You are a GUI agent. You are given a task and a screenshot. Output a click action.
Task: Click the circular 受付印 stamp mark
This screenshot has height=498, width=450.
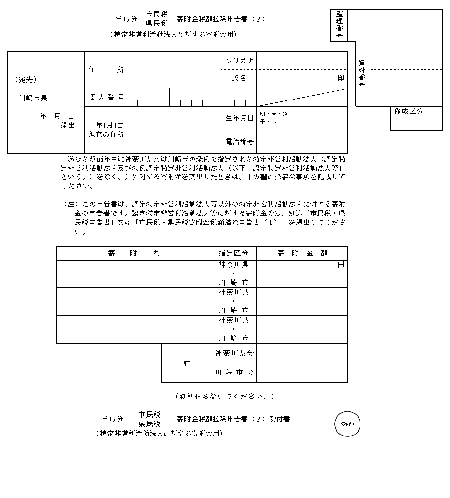pyautogui.click(x=347, y=424)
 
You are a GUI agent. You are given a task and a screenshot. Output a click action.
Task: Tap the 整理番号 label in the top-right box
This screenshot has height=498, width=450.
pyautogui.click(x=339, y=25)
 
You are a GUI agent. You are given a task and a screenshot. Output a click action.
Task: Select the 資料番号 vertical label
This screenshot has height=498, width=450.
pyautogui.click(x=361, y=73)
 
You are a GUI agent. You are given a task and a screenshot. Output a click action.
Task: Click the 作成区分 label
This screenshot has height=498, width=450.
pyautogui.click(x=408, y=111)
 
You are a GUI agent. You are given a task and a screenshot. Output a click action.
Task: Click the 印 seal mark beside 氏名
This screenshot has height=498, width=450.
pyautogui.click(x=341, y=78)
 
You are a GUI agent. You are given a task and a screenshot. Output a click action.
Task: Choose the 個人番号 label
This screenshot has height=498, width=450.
pyautogui.click(x=106, y=97)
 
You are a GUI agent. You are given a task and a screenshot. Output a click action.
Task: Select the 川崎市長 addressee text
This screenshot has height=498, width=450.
pyautogui.click(x=33, y=98)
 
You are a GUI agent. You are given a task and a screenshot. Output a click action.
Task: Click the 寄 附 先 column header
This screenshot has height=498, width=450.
pyautogui.click(x=133, y=253)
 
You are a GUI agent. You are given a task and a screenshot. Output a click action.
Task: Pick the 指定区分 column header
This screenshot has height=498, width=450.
pyautogui.click(x=233, y=253)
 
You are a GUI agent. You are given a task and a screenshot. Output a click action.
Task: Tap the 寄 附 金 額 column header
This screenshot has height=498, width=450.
pyautogui.click(x=302, y=253)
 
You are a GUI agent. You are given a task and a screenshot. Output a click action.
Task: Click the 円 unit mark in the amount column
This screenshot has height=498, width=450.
pyautogui.click(x=341, y=265)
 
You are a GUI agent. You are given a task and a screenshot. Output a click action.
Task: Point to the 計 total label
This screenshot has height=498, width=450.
pyautogui.click(x=186, y=363)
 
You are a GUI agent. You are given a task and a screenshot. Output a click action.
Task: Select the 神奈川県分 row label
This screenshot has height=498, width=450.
pyautogui.click(x=233, y=353)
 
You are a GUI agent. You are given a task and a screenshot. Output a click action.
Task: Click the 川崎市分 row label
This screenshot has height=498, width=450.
pyautogui.click(x=233, y=373)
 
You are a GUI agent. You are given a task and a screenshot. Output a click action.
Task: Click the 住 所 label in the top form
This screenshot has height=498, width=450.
pyautogui.click(x=106, y=70)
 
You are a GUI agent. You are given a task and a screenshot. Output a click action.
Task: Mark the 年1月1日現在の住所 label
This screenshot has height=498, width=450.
pyautogui.click(x=106, y=130)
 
